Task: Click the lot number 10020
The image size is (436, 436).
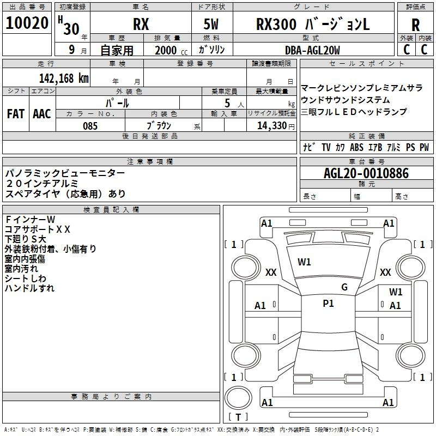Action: (x=27, y=23)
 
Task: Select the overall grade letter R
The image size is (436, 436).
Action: (x=415, y=25)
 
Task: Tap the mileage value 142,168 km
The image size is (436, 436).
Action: (x=64, y=78)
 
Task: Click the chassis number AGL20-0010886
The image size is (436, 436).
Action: (x=366, y=173)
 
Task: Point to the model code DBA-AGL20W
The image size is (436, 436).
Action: (x=312, y=50)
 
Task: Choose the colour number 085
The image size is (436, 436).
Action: (x=90, y=126)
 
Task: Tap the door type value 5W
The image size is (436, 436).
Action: (x=211, y=24)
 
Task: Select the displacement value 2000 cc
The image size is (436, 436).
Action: (x=171, y=50)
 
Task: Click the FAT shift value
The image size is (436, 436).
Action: (x=16, y=114)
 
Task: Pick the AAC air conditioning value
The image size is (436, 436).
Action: (x=42, y=114)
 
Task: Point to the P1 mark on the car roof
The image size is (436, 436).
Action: (x=328, y=304)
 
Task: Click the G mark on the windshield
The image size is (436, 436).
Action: (x=344, y=287)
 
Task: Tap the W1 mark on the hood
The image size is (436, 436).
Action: (x=304, y=262)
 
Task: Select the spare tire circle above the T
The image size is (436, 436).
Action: (x=238, y=397)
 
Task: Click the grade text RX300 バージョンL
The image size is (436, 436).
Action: (x=313, y=24)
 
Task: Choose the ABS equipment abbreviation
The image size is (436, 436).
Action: (x=356, y=147)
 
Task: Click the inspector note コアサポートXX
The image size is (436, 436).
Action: (x=37, y=229)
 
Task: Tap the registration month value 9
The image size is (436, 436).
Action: (x=72, y=50)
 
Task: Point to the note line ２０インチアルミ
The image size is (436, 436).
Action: (x=42, y=184)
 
